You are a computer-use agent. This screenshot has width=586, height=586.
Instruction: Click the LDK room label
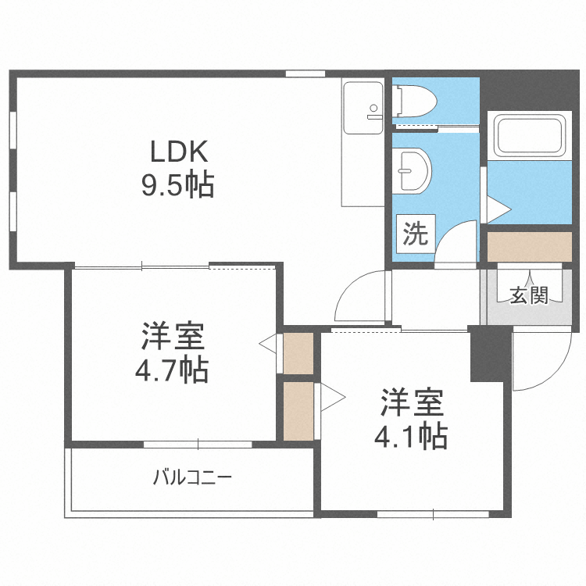click(179, 152)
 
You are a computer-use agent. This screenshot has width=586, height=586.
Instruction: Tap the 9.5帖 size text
click(177, 184)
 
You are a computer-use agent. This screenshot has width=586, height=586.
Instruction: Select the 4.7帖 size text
click(172, 370)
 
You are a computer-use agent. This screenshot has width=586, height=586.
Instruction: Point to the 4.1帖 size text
click(411, 435)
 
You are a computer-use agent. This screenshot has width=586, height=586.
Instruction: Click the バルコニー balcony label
click(192, 477)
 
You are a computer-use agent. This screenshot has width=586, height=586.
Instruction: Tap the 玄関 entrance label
click(529, 295)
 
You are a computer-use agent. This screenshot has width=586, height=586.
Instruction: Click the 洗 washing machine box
click(416, 234)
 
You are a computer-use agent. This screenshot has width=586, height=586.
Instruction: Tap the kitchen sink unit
click(363, 108)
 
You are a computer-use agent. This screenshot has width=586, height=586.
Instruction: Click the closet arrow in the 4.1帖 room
click(333, 398)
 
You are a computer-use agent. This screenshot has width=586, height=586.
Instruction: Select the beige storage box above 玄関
click(530, 247)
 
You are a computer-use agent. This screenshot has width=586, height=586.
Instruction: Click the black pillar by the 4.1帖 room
click(491, 354)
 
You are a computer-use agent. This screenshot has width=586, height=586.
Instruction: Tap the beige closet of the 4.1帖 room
click(298, 411)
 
